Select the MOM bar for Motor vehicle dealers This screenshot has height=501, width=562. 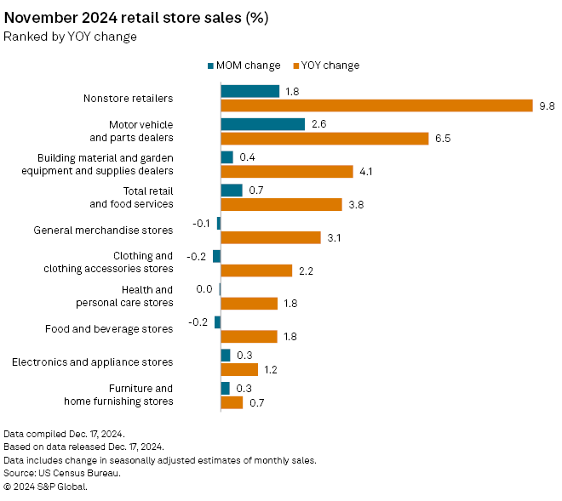click(x=262, y=124)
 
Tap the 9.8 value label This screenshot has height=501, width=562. click(x=547, y=105)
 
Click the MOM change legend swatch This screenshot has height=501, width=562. click(x=210, y=65)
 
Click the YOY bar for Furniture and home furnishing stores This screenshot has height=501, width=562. click(x=232, y=402)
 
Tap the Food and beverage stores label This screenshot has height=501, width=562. click(x=108, y=328)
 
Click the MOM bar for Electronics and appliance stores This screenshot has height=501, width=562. click(x=226, y=355)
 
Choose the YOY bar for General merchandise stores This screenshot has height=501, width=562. click(x=271, y=237)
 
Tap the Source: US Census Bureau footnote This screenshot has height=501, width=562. click(x=61, y=473)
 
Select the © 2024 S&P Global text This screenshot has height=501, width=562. click(x=45, y=487)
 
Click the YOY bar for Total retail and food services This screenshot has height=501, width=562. click(x=281, y=204)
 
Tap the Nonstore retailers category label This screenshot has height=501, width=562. click(x=128, y=98)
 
